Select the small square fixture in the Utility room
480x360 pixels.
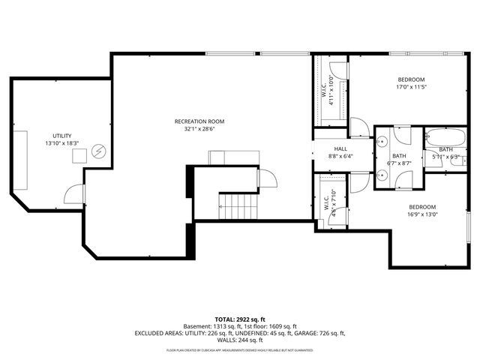point(78,156)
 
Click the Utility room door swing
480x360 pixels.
point(74,194)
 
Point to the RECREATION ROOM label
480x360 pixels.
point(199,121)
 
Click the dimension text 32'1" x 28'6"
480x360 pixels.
point(199,129)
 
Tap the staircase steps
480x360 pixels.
point(238,205)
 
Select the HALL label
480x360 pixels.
point(341,149)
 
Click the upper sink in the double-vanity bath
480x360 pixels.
point(382,140)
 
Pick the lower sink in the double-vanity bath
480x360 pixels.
point(382,175)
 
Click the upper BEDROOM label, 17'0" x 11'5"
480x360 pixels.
point(411,80)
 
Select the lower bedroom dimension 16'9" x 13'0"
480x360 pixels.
point(422,214)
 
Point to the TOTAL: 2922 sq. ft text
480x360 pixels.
point(240,319)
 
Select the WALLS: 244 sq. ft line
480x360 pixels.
point(240,340)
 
